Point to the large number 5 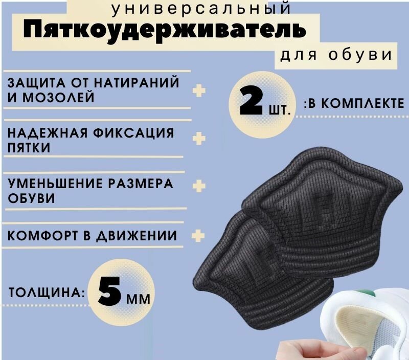(x=111, y=292)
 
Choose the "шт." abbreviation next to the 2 (x=283, y=108)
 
